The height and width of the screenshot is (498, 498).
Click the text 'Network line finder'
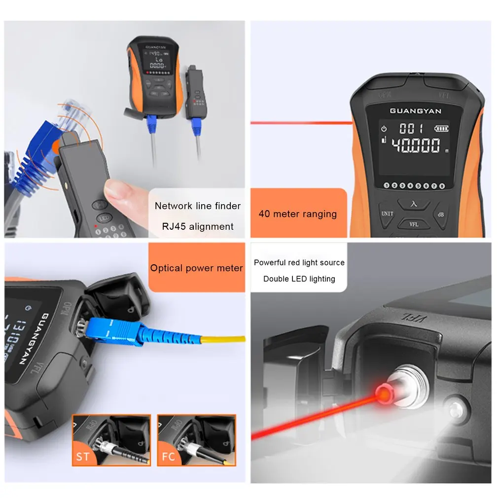point(197,206)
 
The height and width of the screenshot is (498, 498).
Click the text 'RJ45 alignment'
point(197,226)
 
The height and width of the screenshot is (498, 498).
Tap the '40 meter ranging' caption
point(297,213)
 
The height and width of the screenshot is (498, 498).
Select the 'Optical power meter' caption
point(196,268)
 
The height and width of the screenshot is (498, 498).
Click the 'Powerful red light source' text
point(299,262)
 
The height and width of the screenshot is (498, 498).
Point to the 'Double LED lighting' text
point(299,279)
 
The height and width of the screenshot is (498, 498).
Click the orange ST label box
point(83,456)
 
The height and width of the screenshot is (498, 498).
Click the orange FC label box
point(169,456)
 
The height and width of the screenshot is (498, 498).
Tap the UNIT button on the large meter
point(387,214)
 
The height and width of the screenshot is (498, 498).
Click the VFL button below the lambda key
point(414,224)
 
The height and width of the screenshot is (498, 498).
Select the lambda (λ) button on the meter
point(414,203)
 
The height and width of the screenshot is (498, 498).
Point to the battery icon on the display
point(441,129)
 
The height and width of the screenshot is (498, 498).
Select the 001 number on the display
point(411,129)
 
